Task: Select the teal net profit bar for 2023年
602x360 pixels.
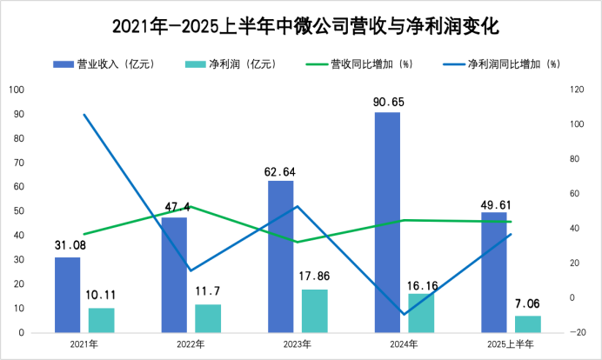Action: pyautogui.click(x=315, y=310)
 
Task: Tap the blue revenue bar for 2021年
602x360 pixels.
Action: pyautogui.click(x=67, y=295)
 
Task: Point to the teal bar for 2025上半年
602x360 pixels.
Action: pyautogui.click(x=528, y=323)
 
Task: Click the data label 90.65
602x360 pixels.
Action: pyautogui.click(x=387, y=102)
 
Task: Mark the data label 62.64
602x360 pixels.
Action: pyautogui.click(x=280, y=170)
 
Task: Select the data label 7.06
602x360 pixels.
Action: pyautogui.click(x=528, y=304)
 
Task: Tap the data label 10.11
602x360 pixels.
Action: pyautogui.click(x=102, y=297)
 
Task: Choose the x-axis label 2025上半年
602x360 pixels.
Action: pyautogui.click(x=511, y=344)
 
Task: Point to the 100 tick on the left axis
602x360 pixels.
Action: pyautogui.click(x=17, y=90)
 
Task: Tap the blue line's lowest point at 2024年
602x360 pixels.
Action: pyautogui.click(x=405, y=314)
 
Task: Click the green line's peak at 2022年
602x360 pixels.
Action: pyautogui.click(x=191, y=206)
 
